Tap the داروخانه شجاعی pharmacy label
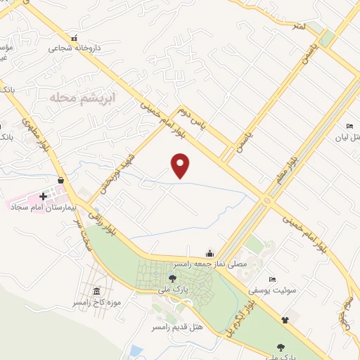pyautogui.click(x=75, y=49)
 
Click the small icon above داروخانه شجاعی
pyautogui.click(x=75, y=39)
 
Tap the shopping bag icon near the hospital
pyautogui.click(x=61, y=181)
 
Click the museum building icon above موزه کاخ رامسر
pyautogui.click(x=96, y=292)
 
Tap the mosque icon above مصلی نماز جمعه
pyautogui.click(x=209, y=253)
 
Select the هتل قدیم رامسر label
pyautogui.click(x=174, y=327)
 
